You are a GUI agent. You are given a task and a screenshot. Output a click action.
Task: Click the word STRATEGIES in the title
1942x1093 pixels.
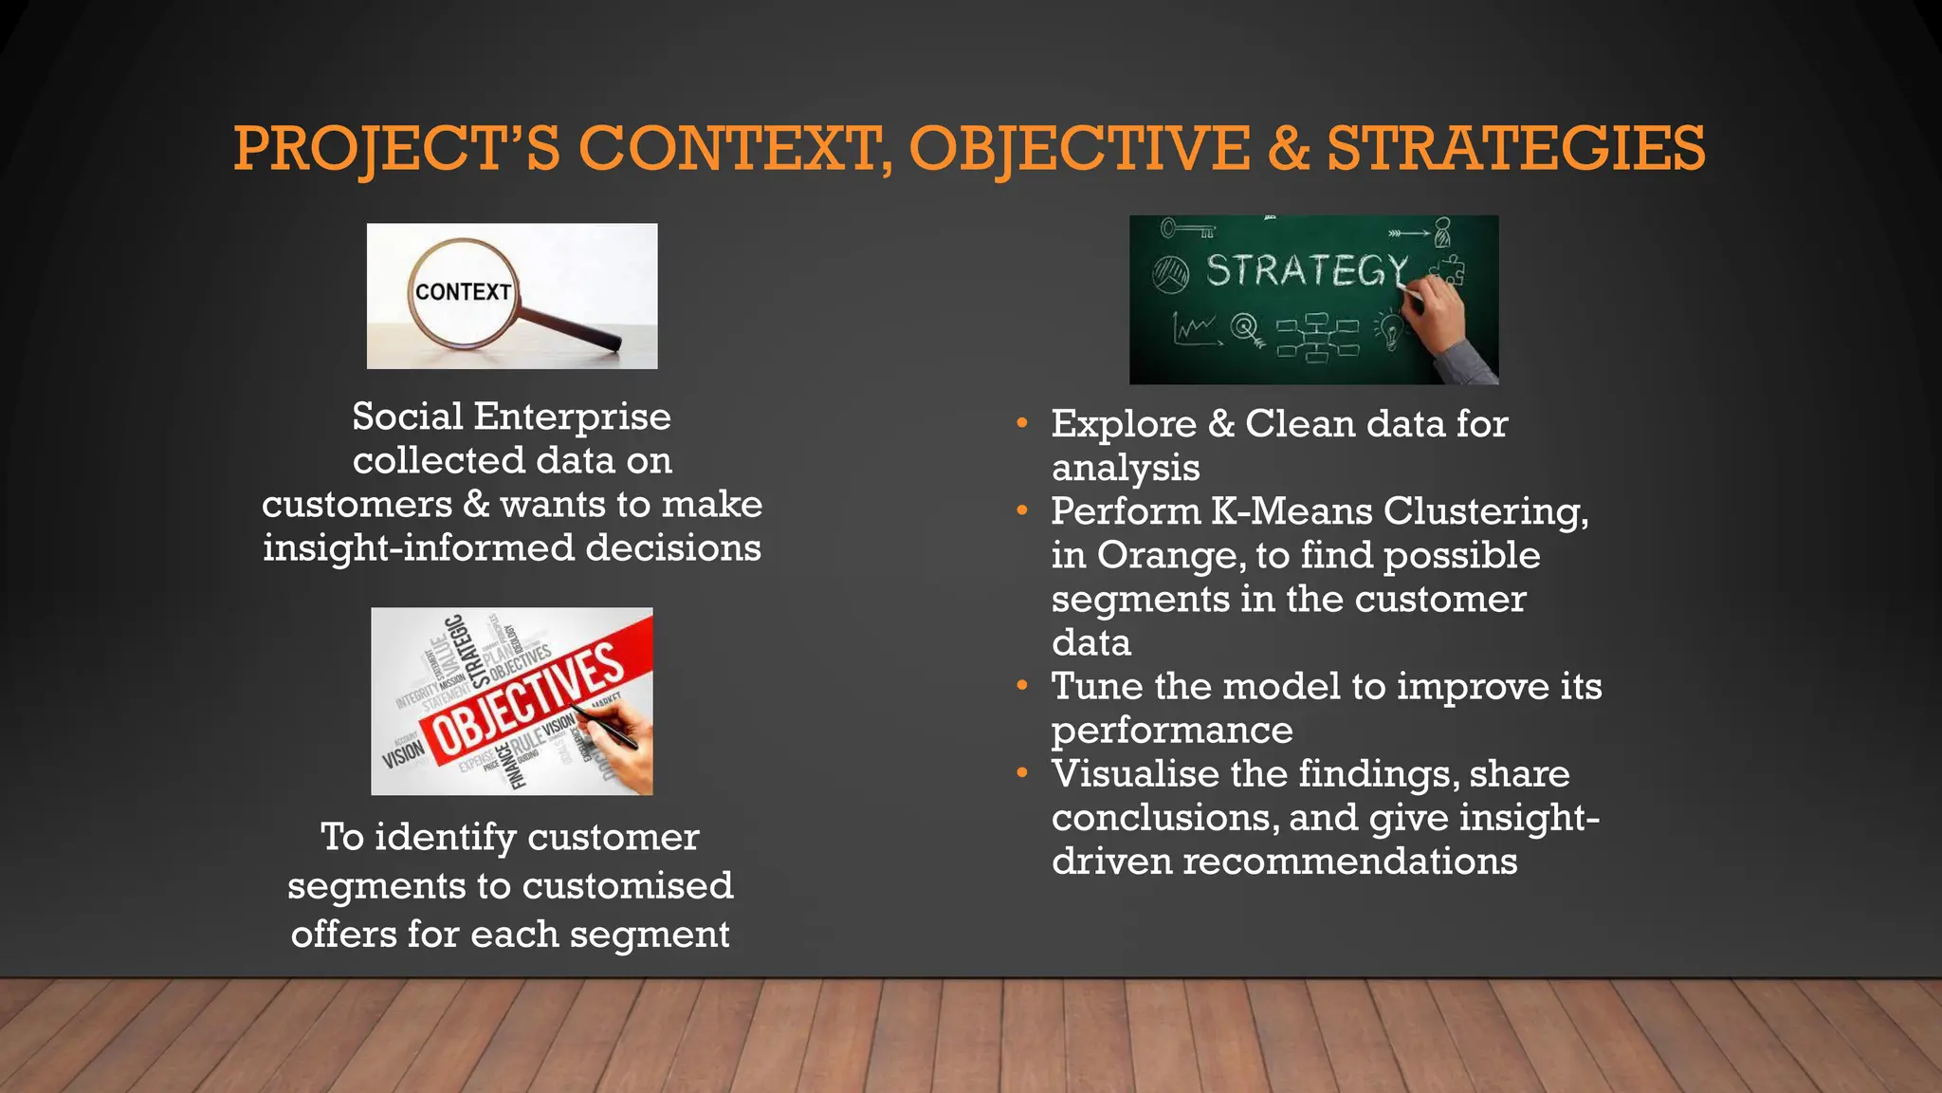[1515, 149]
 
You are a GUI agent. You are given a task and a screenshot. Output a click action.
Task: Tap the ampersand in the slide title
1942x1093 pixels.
[1288, 149]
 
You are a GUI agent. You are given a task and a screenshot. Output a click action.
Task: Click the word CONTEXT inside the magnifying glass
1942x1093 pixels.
[463, 292]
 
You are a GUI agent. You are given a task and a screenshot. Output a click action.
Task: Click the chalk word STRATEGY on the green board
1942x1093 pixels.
[1307, 271]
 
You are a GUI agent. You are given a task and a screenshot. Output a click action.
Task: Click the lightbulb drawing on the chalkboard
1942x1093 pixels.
[1391, 332]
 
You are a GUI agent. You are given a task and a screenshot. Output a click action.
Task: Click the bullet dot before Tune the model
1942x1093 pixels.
[1021, 685]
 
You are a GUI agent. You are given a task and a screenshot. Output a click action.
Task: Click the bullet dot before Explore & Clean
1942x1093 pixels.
[1021, 423]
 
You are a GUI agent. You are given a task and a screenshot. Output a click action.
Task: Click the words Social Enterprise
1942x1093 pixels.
[511, 417]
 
